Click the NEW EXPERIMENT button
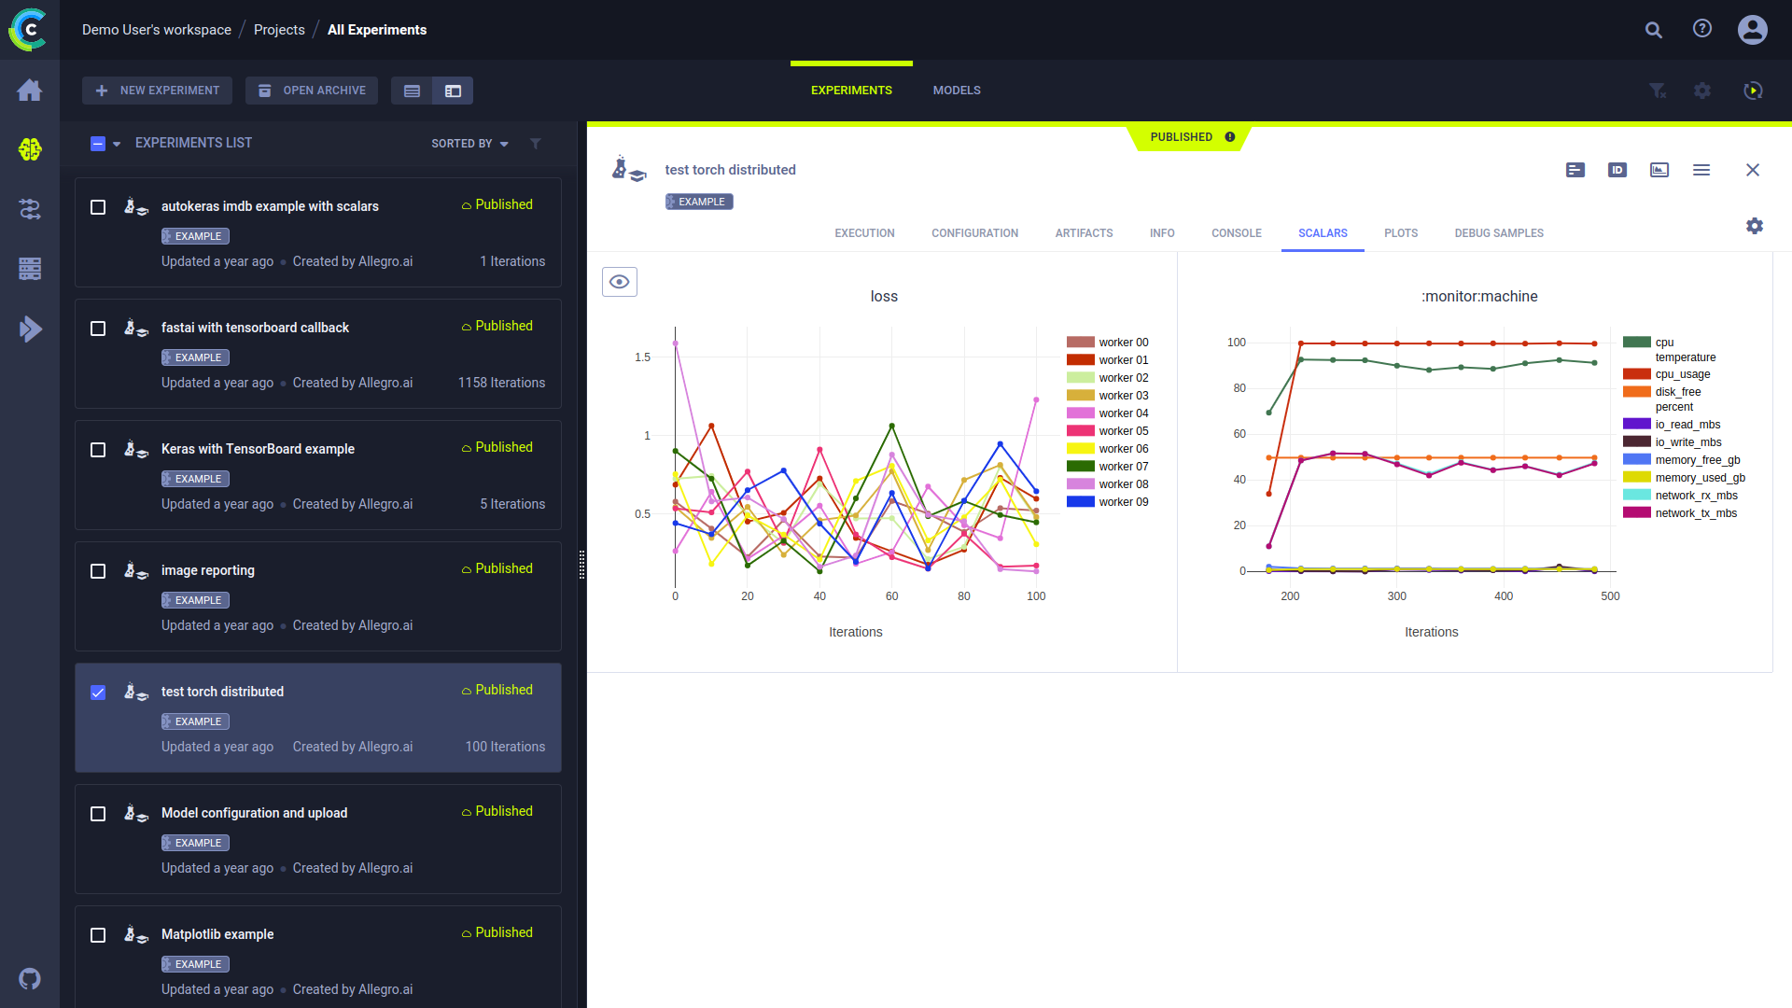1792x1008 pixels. click(157, 91)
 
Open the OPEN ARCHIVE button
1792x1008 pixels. click(312, 91)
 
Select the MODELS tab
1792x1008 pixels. click(956, 91)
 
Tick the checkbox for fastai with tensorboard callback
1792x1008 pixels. click(98, 329)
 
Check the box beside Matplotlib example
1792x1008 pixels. click(98, 935)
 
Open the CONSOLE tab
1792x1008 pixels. click(1236, 233)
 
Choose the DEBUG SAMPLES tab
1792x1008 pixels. click(1498, 233)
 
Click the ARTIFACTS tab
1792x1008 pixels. click(1084, 233)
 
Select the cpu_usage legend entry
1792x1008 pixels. click(1682, 374)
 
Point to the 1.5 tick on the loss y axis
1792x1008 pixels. click(642, 357)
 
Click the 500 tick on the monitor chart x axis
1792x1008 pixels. click(1610, 596)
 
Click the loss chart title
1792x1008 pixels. click(884, 297)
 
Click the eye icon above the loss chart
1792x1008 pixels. click(620, 282)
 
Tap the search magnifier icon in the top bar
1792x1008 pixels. click(1653, 30)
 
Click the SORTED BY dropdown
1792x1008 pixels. click(469, 144)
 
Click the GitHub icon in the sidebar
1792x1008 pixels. click(30, 979)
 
